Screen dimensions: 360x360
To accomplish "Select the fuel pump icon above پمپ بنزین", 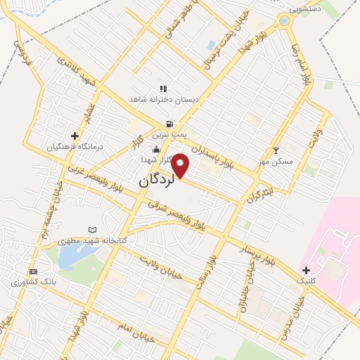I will click(169, 124).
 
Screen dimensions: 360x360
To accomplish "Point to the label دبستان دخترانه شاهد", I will click(164, 100).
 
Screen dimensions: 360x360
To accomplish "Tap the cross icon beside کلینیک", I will click(305, 270).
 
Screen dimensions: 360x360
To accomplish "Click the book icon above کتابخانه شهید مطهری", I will click(92, 230).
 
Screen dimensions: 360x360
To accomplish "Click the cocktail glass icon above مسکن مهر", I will click(276, 150).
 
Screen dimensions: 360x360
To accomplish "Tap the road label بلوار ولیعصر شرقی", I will click(177, 214).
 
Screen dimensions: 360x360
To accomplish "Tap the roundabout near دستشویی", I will click(284, 21).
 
